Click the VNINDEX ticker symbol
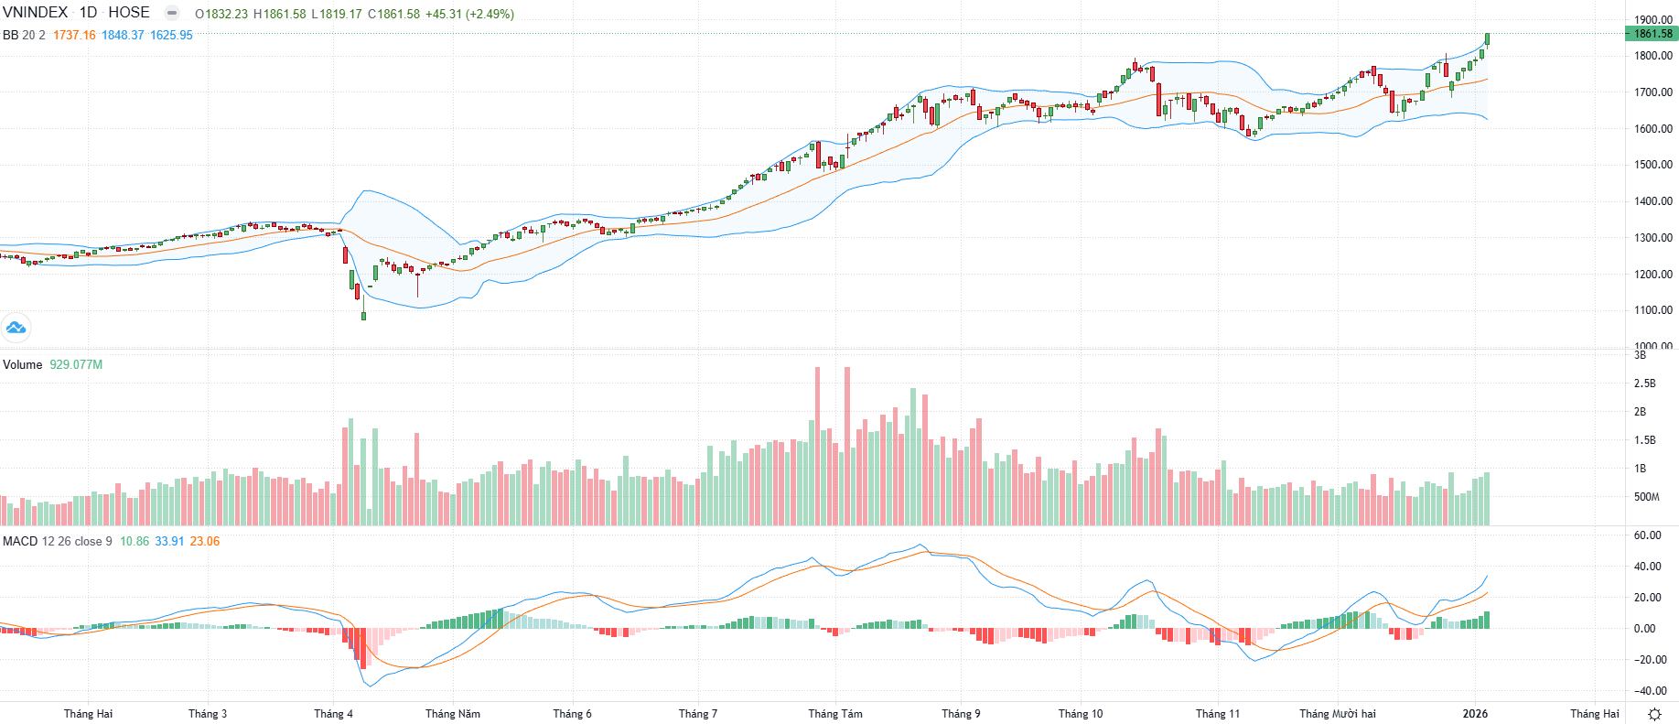point(35,13)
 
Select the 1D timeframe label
point(88,13)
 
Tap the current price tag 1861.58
point(1652,34)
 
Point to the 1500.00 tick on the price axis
point(1652,165)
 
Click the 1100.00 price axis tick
point(1652,310)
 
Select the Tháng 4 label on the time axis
point(333,714)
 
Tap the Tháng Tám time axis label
point(834,714)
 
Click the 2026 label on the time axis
point(1475,714)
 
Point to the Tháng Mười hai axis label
point(1337,714)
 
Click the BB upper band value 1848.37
point(123,35)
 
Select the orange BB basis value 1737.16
point(74,35)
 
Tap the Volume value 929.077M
point(76,364)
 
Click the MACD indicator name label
point(20,541)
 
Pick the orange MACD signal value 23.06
point(205,541)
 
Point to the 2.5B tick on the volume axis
point(1644,384)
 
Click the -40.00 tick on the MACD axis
point(1650,691)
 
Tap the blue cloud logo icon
point(16,327)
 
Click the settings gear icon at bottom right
point(1654,714)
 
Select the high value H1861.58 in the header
point(279,14)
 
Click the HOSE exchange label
point(129,13)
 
